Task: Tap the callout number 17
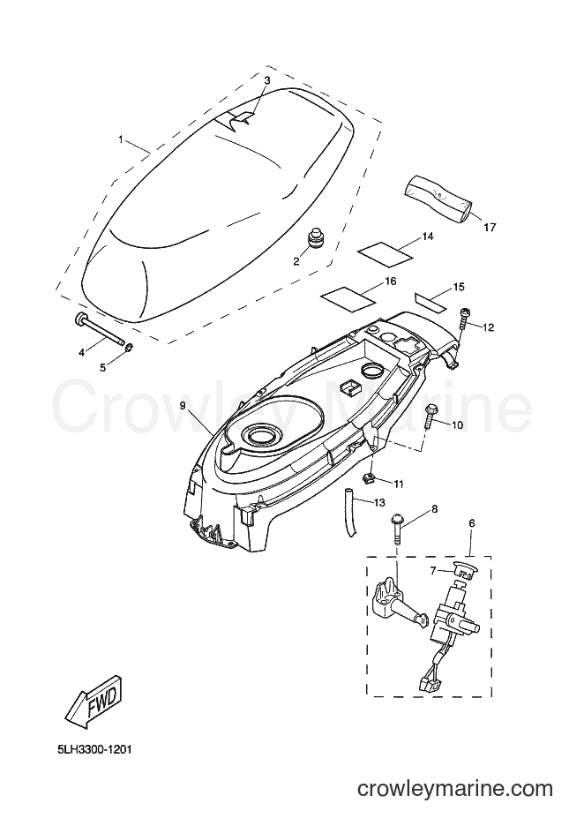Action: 490,228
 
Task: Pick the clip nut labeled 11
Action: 370,477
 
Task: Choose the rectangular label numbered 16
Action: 348,296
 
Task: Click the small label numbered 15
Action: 430,299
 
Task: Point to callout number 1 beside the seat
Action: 121,139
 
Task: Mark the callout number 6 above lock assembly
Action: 471,523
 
